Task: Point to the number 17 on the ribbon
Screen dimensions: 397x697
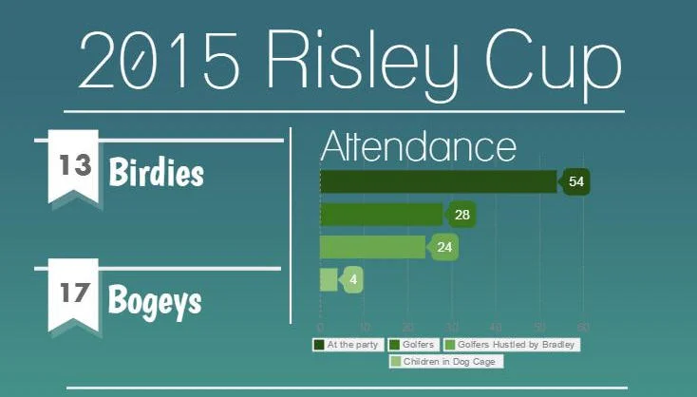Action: point(73,293)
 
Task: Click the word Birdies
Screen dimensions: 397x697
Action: point(156,174)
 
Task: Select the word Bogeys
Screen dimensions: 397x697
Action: point(155,301)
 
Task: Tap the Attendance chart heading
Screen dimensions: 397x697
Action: point(418,147)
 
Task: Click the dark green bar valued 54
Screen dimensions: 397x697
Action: point(438,180)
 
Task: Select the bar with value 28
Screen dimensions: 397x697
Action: point(381,215)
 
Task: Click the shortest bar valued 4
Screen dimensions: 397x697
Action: point(328,280)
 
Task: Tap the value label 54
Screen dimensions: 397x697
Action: point(575,180)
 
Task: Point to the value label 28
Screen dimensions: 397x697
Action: point(462,215)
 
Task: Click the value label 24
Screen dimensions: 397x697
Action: point(444,247)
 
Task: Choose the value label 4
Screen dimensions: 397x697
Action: point(353,280)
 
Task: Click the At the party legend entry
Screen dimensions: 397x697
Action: point(348,345)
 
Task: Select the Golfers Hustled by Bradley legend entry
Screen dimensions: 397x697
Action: point(512,345)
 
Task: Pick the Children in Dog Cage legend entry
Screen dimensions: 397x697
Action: point(445,362)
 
